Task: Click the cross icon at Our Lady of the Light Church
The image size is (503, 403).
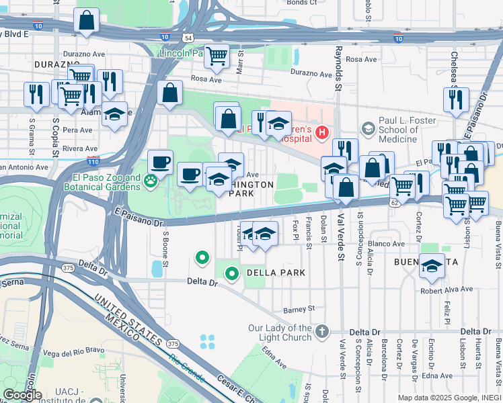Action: [323, 330]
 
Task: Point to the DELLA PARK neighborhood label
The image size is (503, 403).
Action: [276, 273]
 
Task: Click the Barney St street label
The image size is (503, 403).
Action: [299, 310]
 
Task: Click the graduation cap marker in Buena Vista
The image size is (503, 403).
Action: [432, 265]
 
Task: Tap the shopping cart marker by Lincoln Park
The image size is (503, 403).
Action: [217, 56]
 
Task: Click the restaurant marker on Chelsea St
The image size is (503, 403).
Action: [456, 99]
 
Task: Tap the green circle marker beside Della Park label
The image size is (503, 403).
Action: [232, 273]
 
